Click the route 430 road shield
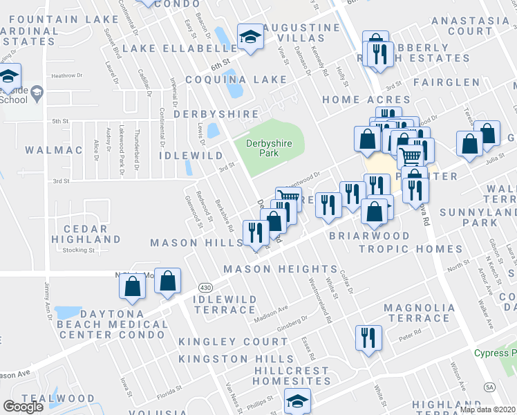pos(205,286)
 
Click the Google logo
pos(23,406)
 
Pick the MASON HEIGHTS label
pos(280,268)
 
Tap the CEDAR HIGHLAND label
pos(86,234)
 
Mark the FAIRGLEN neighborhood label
pos(446,82)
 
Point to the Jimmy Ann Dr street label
pos(48,300)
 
